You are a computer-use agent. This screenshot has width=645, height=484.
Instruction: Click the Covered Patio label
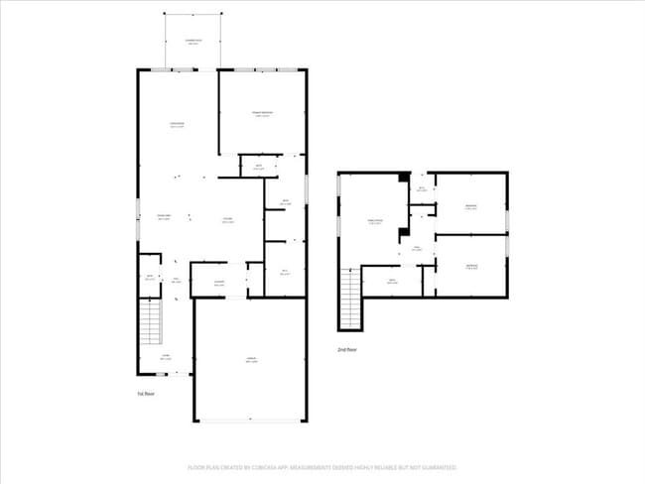coord(193,42)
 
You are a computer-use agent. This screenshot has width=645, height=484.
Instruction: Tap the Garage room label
coord(251,360)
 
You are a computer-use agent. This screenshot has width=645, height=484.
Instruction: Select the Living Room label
coord(177,125)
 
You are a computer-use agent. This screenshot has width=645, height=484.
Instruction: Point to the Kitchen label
coord(227,220)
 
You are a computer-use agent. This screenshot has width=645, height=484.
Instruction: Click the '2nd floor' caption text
coord(346,350)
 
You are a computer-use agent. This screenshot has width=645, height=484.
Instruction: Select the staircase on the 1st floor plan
coord(149,323)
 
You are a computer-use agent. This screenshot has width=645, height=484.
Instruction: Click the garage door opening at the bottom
coord(250,422)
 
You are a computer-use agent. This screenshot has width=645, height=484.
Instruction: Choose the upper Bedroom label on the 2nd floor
coord(471,206)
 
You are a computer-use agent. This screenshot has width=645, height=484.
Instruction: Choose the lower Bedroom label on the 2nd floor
coord(471,266)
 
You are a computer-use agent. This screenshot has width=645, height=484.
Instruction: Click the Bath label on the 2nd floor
coord(392,281)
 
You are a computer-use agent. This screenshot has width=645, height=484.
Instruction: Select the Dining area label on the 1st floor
coord(165,218)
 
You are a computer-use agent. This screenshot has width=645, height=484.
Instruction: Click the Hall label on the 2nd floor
coord(418,248)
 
